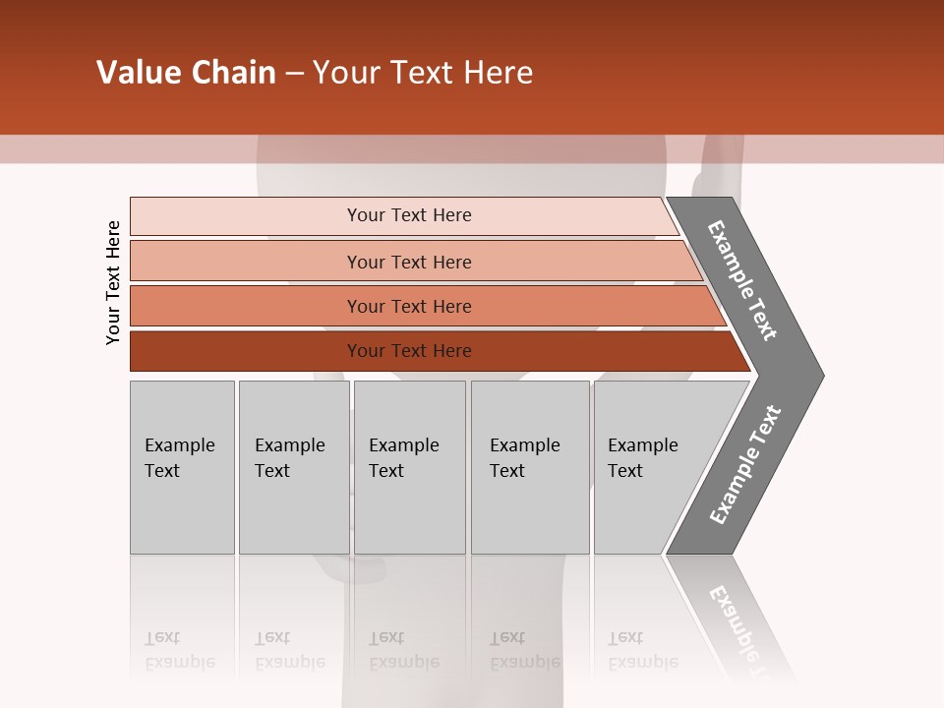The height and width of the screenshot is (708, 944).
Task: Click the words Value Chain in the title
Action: (186, 73)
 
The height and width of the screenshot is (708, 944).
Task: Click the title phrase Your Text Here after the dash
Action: (423, 73)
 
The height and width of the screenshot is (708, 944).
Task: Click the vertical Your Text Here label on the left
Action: (113, 282)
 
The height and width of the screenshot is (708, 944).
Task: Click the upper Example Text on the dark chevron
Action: (742, 279)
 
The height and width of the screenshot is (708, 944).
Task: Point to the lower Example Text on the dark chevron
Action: (744, 464)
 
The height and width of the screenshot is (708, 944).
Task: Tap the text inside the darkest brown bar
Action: (409, 351)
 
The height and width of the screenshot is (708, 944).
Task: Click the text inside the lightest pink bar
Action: (409, 215)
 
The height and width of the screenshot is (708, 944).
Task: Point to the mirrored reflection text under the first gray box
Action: (179, 650)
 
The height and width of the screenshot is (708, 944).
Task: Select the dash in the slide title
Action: (294, 74)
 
